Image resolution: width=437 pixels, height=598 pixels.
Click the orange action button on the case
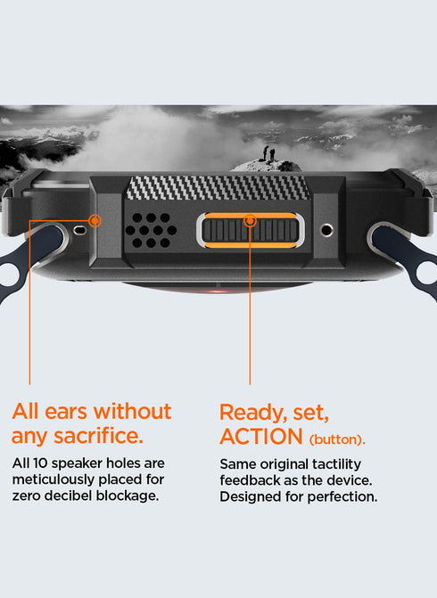251,230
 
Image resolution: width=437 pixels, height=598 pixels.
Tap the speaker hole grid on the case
151,230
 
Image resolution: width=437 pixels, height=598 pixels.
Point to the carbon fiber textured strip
218,188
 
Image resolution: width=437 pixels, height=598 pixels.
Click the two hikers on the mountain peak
268,153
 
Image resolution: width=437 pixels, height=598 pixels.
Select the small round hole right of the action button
326,230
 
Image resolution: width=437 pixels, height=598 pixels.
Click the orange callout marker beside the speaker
95,220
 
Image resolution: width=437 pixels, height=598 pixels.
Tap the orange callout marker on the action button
251,220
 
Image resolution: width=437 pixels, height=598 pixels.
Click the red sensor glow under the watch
217,291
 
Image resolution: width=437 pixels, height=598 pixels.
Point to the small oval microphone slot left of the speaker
79,230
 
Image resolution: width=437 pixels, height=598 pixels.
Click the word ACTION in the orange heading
261,437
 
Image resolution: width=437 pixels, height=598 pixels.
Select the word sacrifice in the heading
98,436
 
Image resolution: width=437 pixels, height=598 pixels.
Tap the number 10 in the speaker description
40,463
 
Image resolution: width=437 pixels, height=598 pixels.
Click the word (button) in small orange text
337,439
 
